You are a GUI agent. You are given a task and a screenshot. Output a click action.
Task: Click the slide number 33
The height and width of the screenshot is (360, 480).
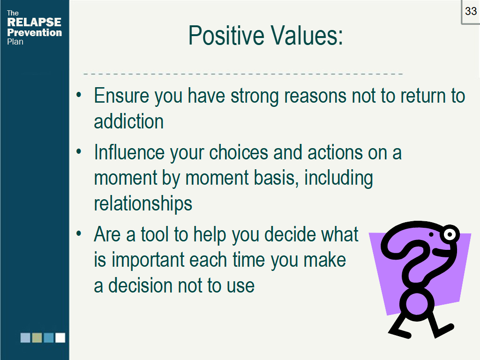click(x=471, y=11)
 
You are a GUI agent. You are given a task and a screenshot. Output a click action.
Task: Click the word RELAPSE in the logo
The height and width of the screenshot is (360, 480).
click(x=34, y=22)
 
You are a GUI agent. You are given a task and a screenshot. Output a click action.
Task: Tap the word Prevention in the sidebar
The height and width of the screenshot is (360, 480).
click(x=34, y=32)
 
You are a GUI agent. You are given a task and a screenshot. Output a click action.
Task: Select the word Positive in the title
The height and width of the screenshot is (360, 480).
click(x=226, y=36)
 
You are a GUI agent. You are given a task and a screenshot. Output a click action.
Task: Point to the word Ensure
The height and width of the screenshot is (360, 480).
click(x=121, y=96)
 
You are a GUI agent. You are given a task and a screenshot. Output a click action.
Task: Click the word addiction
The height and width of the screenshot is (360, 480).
click(x=128, y=121)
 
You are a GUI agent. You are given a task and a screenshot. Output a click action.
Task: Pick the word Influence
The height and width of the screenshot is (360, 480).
click(x=129, y=152)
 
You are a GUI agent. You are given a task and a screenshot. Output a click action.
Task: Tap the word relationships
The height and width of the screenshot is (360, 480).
click(x=143, y=203)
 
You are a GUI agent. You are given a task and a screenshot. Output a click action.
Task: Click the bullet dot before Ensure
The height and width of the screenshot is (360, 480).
click(x=79, y=95)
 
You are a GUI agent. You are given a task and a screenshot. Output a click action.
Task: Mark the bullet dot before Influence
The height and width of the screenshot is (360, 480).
click(x=79, y=151)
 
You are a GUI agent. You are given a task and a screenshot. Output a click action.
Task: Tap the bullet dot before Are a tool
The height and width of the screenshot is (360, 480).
click(x=79, y=233)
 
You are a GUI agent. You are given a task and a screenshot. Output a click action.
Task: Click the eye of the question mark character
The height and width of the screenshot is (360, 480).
click(x=450, y=235)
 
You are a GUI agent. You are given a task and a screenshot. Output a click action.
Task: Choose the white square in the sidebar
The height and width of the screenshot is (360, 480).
click(x=60, y=337)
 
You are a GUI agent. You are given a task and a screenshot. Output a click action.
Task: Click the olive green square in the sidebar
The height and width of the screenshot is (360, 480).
click(x=37, y=337)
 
